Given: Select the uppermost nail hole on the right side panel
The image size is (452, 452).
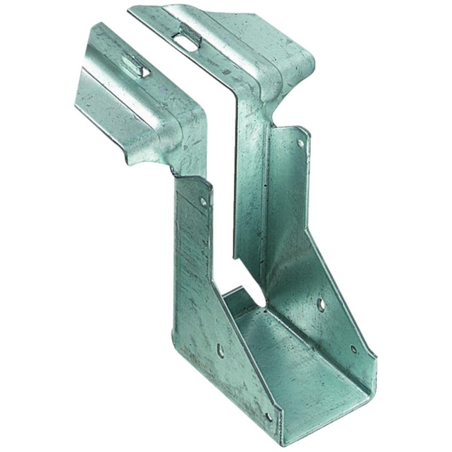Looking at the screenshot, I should [300, 143].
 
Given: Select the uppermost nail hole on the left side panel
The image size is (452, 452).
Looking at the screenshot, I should [203, 201].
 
